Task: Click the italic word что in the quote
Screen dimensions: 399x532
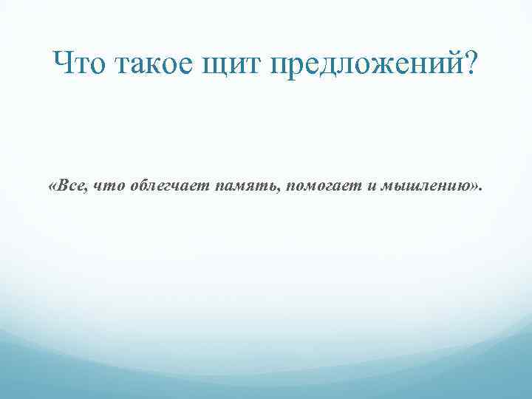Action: (x=107, y=184)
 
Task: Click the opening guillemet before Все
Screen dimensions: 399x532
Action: (x=51, y=184)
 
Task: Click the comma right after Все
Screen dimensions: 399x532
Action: (x=87, y=188)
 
